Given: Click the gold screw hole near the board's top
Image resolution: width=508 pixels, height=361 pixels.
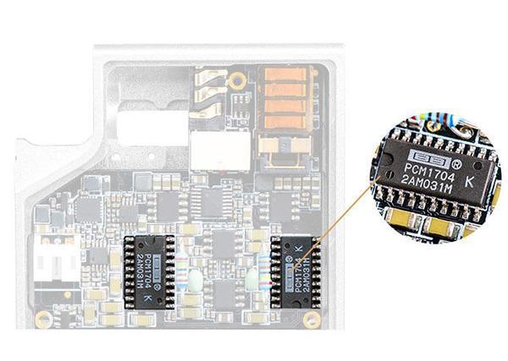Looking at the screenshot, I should coord(238,81).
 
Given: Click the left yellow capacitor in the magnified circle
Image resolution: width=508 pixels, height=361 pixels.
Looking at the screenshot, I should coord(397,218).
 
